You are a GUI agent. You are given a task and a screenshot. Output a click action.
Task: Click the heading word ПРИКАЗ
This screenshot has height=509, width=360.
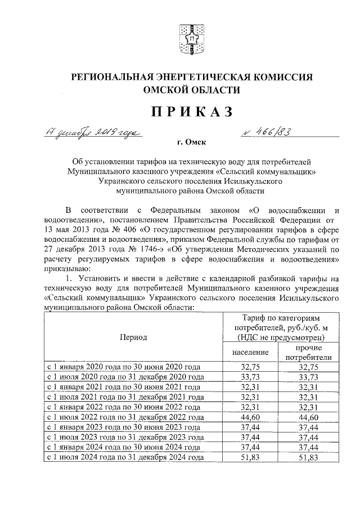tap(191, 112)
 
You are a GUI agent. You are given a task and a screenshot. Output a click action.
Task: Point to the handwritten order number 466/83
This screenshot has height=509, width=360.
tap(267, 132)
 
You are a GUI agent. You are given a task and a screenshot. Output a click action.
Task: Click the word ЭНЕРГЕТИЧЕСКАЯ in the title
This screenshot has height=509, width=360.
tap(186, 76)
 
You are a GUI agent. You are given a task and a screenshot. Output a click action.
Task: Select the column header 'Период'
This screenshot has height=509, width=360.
tap(133, 337)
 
